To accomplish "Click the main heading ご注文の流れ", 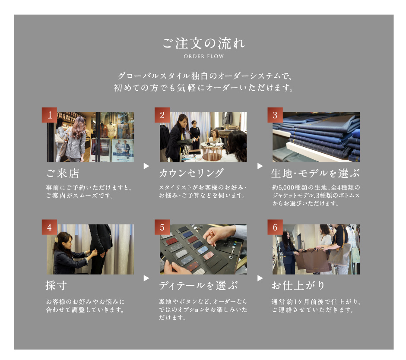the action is coord(203,43).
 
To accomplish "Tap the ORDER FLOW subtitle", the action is coord(203,57).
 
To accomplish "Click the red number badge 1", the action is coord(50,115).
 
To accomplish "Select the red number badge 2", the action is coord(162,115).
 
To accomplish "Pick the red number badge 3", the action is coord(275,115).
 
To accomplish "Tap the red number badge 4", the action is coord(50,227).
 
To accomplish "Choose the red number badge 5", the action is coord(162,227).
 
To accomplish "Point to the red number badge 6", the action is coord(275,227).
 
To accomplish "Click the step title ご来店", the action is coord(63,174).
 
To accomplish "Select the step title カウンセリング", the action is coord(191,173).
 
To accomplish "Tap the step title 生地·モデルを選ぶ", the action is coord(315,173).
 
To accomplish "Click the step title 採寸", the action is coord(56,285).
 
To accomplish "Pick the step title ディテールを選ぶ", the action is coord(198,285).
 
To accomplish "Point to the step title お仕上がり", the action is coord(298,285).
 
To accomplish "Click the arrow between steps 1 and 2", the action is coord(146,166).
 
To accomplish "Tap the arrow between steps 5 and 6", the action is coord(260,278).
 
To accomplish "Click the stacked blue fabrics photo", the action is coord(316,137).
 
